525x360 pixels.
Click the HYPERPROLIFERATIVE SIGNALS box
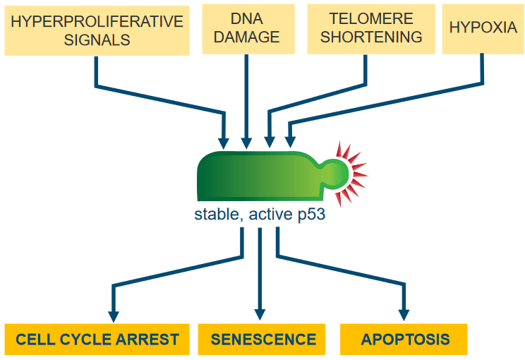click(x=97, y=30)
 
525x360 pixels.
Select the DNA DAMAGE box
click(x=248, y=29)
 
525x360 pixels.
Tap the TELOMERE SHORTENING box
click(x=371, y=29)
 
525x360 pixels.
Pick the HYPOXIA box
click(x=483, y=29)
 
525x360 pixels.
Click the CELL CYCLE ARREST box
click(x=97, y=340)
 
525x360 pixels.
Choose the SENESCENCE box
click(x=262, y=340)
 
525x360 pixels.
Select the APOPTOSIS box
click(x=404, y=340)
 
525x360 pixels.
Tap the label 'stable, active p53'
click(x=260, y=215)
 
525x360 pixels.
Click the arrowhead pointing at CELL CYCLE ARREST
click(x=114, y=316)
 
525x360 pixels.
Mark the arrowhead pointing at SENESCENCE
click(x=260, y=315)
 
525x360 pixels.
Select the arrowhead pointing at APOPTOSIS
click(x=404, y=315)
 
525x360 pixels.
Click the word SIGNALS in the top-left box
click(x=97, y=40)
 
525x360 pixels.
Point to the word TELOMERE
click(x=371, y=19)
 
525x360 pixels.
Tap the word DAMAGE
click(x=247, y=37)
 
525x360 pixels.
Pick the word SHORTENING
click(x=371, y=37)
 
